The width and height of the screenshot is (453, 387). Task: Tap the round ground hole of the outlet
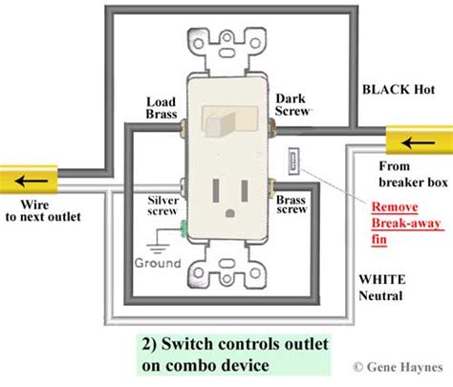point(229,213)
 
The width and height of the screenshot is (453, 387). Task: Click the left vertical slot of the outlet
point(216,190)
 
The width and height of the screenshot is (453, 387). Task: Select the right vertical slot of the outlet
point(245,190)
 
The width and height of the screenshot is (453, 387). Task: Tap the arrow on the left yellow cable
point(31,181)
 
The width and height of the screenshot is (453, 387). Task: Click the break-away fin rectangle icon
point(293,161)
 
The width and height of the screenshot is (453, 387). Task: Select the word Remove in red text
point(395,207)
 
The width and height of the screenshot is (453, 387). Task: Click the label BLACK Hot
point(399,90)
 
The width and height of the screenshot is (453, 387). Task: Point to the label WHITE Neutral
point(382,288)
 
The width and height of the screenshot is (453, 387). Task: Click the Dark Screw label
point(291,105)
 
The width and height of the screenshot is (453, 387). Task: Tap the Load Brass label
point(162,108)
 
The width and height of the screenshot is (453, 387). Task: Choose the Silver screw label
point(162,205)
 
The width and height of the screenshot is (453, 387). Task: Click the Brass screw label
point(291,204)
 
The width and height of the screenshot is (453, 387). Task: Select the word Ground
point(158,263)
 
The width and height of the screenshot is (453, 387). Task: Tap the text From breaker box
point(413,174)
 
